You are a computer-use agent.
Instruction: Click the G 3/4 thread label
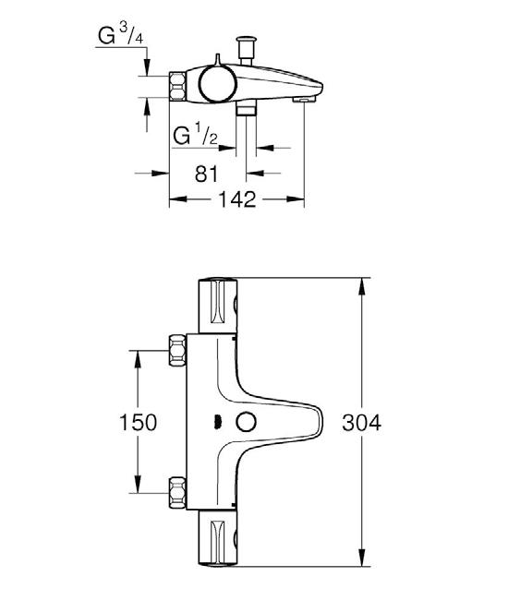[120, 35]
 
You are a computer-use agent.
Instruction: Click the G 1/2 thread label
[196, 135]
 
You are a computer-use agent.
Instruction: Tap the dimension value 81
[206, 174]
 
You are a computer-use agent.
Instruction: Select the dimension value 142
[237, 199]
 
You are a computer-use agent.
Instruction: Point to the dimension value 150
[138, 422]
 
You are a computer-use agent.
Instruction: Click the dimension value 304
[361, 423]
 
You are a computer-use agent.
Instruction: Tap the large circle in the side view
[217, 84]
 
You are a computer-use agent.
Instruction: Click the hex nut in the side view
[177, 87]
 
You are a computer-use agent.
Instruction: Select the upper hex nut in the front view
[177, 350]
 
